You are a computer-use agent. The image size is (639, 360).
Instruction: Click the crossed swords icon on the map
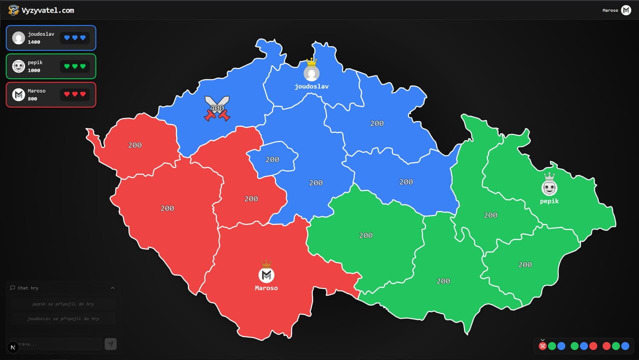click(x=217, y=108)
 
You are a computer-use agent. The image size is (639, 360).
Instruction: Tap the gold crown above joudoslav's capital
click(x=311, y=62)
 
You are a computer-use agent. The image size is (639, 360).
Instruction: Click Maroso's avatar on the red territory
click(x=266, y=275)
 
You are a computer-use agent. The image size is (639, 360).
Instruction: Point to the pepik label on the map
click(x=549, y=201)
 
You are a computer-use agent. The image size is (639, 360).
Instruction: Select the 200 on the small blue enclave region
click(x=272, y=159)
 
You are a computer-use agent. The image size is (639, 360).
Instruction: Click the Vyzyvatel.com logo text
click(x=48, y=10)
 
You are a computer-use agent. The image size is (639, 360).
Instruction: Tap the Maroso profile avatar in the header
click(x=626, y=10)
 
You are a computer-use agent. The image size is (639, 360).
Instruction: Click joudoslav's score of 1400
click(x=34, y=42)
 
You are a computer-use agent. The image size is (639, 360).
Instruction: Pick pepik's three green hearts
click(x=75, y=66)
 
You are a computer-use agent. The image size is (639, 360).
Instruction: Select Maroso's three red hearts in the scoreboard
click(x=75, y=94)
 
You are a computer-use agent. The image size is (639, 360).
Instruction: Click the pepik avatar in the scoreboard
click(x=18, y=66)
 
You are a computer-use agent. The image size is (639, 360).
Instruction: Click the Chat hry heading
click(x=28, y=288)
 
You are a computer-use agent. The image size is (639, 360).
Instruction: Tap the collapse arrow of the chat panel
click(x=112, y=288)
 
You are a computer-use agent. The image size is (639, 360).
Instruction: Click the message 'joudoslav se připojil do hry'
click(x=63, y=318)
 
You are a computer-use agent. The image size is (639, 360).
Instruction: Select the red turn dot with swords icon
click(x=543, y=346)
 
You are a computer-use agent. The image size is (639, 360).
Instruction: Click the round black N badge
click(x=13, y=347)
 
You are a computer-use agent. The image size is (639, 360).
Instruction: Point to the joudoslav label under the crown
click(x=311, y=86)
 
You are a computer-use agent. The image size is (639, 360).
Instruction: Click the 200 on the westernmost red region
click(x=135, y=145)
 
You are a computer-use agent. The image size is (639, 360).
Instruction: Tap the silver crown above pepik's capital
click(x=549, y=176)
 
